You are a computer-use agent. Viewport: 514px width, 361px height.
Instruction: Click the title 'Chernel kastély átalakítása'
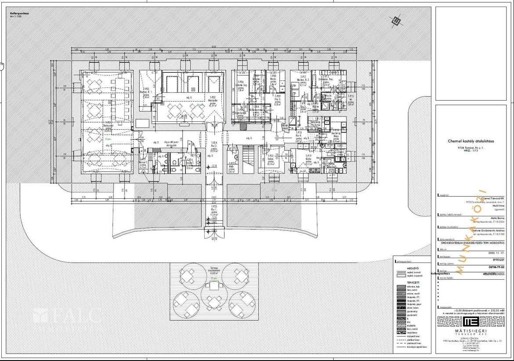(x=471, y=141)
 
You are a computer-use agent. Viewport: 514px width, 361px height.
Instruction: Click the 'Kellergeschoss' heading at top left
(x=19, y=14)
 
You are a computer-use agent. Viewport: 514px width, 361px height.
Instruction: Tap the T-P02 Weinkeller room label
(x=212, y=101)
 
